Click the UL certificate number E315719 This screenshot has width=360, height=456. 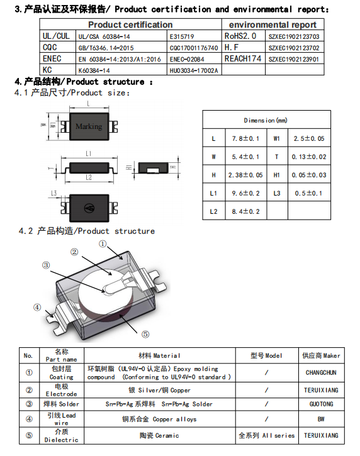pyautogui.click(x=182, y=36)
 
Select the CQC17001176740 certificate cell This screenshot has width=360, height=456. pyautogui.click(x=194, y=48)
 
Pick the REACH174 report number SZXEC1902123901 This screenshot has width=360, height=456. pyautogui.click(x=294, y=59)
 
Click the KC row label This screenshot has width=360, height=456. pyautogui.click(x=47, y=70)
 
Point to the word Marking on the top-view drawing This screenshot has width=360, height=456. pyautogui.click(x=89, y=126)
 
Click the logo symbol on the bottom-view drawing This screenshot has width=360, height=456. pyautogui.click(x=89, y=208)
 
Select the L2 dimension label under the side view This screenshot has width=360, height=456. pyautogui.click(x=89, y=177)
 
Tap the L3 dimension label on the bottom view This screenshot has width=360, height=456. pyautogui.click(x=54, y=193)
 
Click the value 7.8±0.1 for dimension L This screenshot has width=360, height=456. pyautogui.click(x=245, y=139)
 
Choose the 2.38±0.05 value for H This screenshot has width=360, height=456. pyautogui.click(x=245, y=175)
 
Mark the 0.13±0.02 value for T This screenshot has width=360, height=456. pyautogui.click(x=309, y=157)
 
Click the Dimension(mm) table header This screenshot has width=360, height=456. pyautogui.click(x=266, y=120)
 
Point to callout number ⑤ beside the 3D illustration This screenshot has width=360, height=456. pyautogui.click(x=145, y=335)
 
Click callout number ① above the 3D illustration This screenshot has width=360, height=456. pyautogui.click(x=103, y=243)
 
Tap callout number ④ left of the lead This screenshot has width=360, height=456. pyautogui.click(x=37, y=308)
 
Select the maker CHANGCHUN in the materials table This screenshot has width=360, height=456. pyautogui.click(x=321, y=373)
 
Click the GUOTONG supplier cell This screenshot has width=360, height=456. pyautogui.click(x=321, y=404)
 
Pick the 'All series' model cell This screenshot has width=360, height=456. pyautogui.click(x=267, y=436)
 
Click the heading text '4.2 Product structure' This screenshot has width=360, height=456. pyautogui.click(x=87, y=231)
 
